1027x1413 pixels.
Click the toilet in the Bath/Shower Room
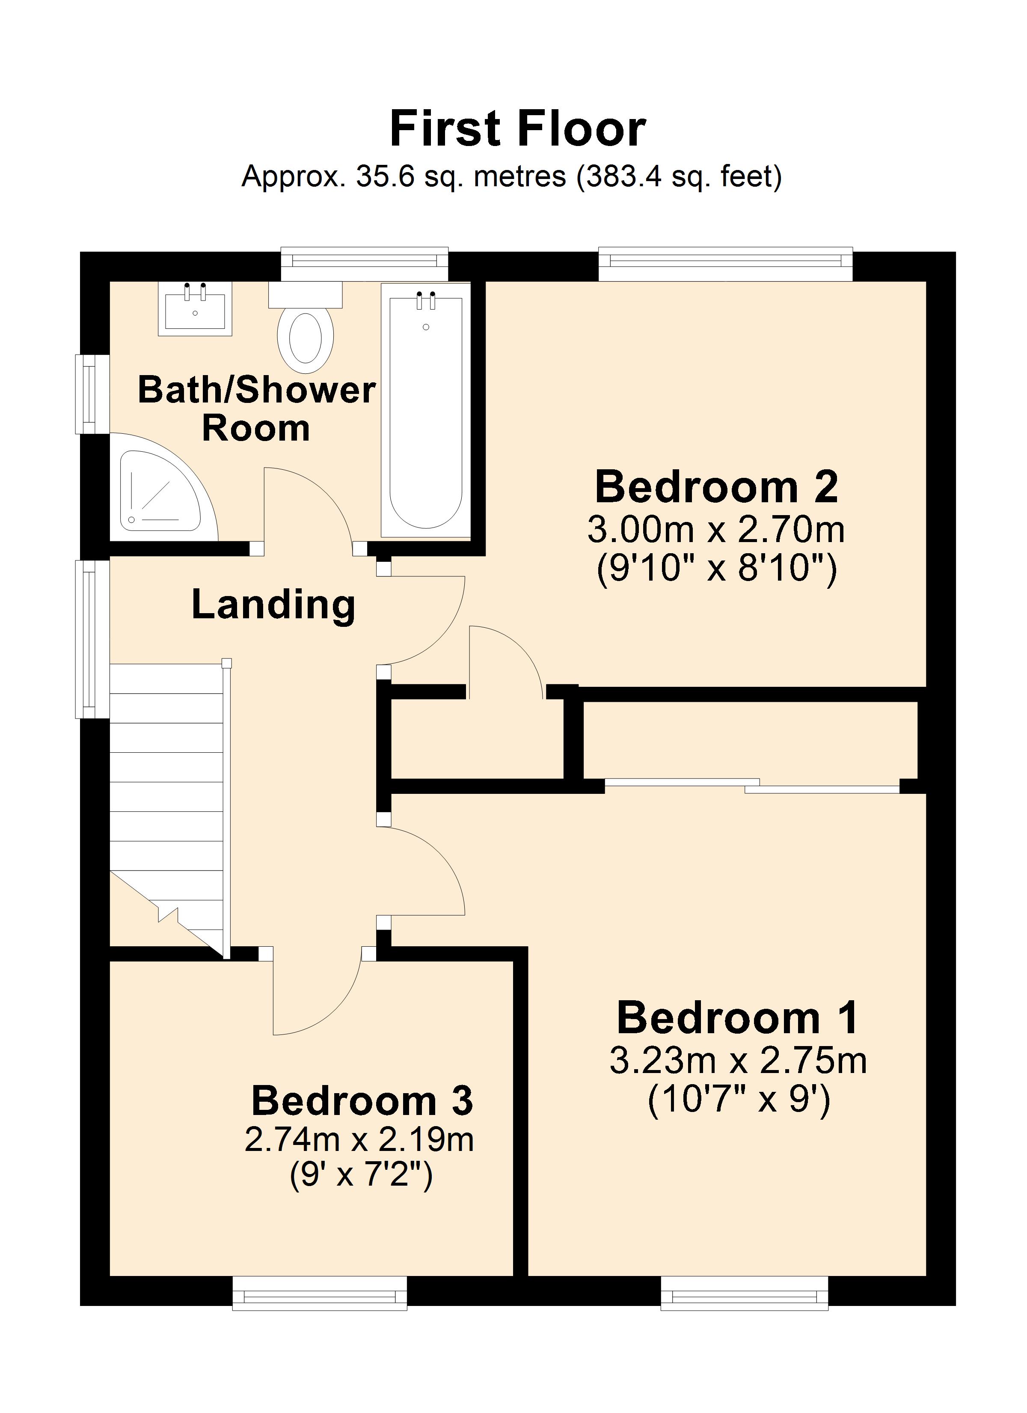point(305,337)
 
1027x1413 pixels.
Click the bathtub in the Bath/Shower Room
point(425,411)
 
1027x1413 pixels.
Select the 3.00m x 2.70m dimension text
point(716,530)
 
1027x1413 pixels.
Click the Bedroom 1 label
point(738,1018)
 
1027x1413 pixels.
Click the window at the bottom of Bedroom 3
point(320,1291)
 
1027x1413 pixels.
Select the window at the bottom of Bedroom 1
point(744,1291)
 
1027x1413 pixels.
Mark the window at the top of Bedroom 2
point(726,264)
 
